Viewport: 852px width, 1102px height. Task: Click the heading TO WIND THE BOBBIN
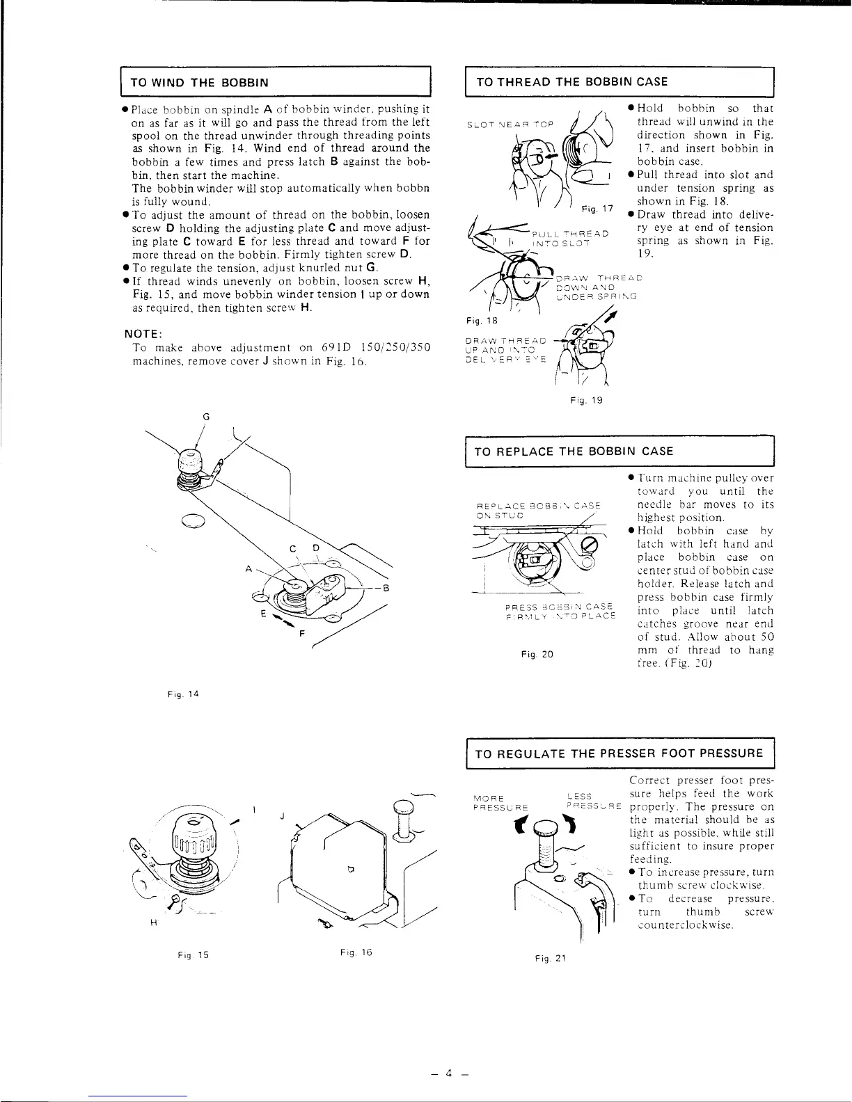(x=196, y=82)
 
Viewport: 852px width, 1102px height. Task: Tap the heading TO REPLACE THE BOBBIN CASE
(x=574, y=451)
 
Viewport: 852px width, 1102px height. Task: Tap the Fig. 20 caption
(x=536, y=654)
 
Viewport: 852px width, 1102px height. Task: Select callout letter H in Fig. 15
(x=152, y=923)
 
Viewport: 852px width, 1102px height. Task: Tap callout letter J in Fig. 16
(x=282, y=815)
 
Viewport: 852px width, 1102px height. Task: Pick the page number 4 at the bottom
(x=449, y=1073)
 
